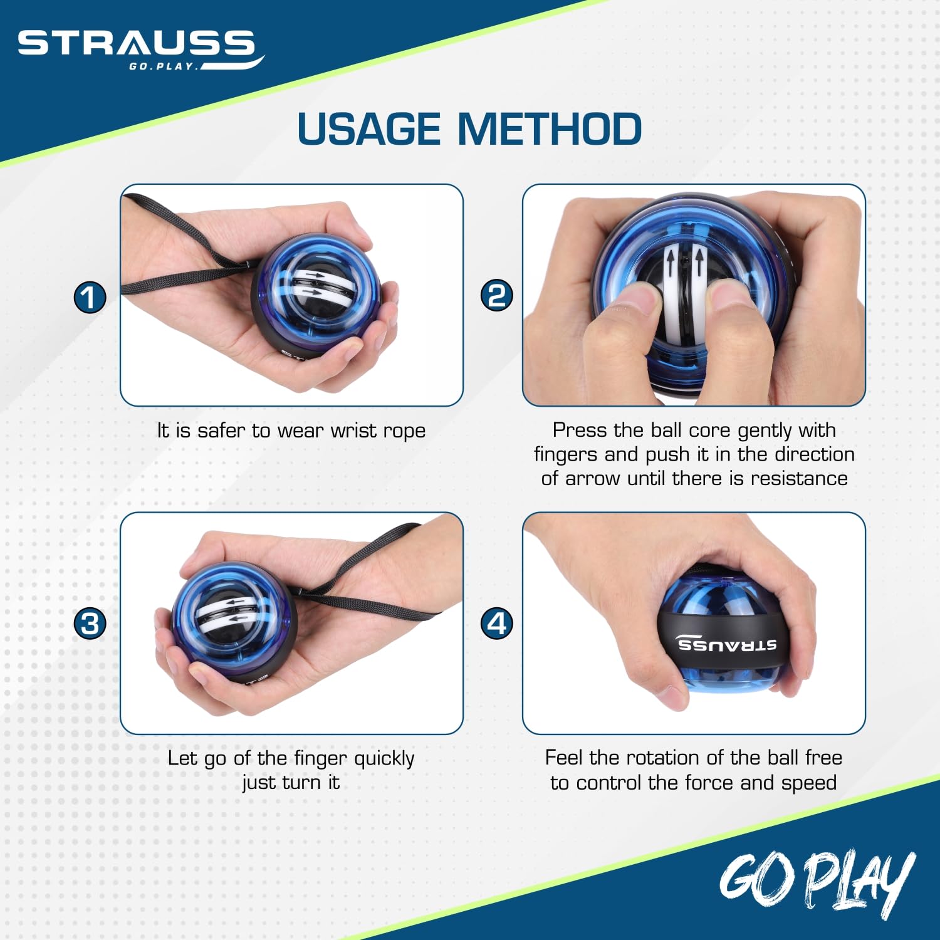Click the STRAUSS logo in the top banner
click(140, 49)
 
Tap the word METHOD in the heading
click(550, 129)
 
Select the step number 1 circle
click(90, 296)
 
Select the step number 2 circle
click(496, 295)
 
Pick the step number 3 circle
click(90, 624)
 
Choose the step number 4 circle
click(496, 624)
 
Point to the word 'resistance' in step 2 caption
click(799, 478)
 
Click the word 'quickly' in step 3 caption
click(384, 759)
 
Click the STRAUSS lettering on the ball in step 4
click(727, 644)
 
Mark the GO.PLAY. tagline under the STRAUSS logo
click(163, 66)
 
